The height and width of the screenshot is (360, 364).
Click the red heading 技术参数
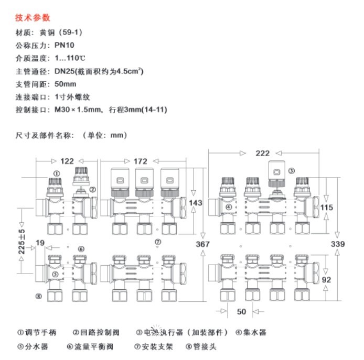point(33,18)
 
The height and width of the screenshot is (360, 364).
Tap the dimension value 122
point(67,161)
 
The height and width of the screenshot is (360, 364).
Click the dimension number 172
point(140,161)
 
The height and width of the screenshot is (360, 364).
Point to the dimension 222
point(263,153)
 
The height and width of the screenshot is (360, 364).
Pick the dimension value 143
point(195,203)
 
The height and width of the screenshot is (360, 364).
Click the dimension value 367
point(203,244)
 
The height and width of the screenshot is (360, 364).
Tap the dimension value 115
point(326,208)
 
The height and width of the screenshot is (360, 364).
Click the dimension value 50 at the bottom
point(241,312)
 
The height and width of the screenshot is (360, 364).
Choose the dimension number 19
point(41,243)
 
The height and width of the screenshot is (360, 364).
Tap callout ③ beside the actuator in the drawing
point(292,170)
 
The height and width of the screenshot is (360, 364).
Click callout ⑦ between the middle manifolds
point(157,242)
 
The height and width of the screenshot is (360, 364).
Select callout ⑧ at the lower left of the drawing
point(38,297)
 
